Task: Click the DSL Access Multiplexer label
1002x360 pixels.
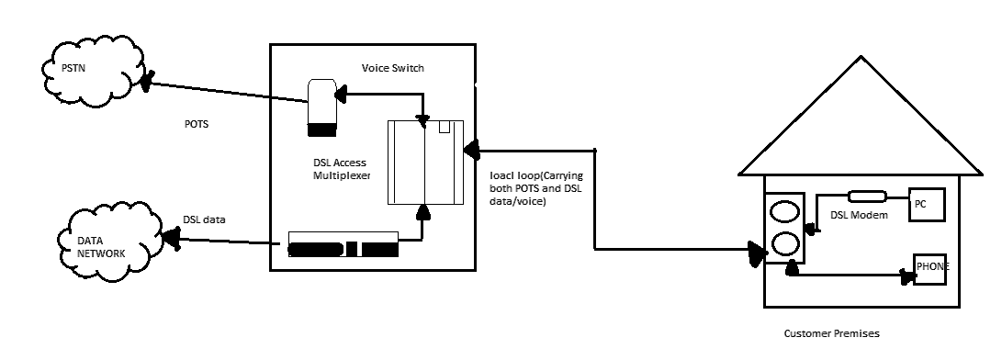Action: tap(341, 168)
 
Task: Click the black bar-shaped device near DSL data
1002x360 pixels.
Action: tap(343, 249)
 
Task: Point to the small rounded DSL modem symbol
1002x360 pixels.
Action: tap(866, 196)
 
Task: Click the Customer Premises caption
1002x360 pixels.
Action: tap(831, 334)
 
